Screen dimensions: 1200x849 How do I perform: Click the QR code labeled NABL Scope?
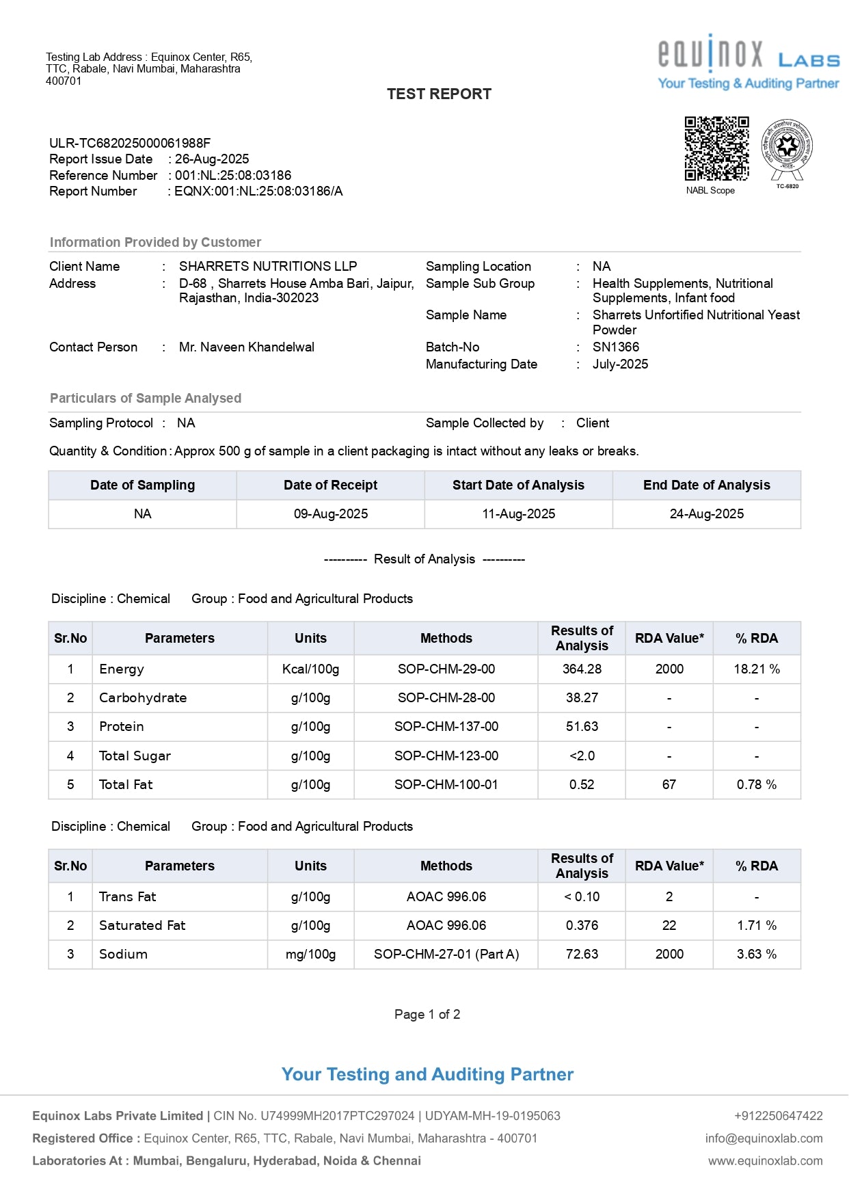(716, 148)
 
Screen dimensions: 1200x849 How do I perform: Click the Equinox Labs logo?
(749, 62)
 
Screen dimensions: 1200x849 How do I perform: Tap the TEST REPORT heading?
(439, 94)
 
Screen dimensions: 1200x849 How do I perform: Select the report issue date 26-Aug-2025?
(212, 159)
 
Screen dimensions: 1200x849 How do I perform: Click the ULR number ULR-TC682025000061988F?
(130, 143)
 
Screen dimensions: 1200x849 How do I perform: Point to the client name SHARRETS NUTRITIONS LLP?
(268, 267)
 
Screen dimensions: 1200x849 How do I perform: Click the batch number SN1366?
(616, 347)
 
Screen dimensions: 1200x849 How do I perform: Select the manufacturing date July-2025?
(620, 364)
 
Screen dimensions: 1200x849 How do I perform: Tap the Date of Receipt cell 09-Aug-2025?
(331, 514)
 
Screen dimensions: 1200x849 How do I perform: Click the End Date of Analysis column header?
(706, 485)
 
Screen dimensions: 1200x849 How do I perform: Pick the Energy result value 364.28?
(582, 669)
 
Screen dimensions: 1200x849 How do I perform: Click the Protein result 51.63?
(582, 727)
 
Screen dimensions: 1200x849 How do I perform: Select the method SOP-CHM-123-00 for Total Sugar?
(446, 756)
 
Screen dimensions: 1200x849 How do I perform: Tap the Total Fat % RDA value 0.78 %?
(757, 785)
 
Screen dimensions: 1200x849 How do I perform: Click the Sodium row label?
(123, 955)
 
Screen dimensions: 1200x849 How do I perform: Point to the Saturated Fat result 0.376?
(582, 926)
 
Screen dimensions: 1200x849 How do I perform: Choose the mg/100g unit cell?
(311, 955)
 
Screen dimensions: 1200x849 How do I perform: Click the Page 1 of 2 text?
(427, 1015)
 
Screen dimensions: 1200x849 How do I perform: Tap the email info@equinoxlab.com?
(764, 1138)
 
